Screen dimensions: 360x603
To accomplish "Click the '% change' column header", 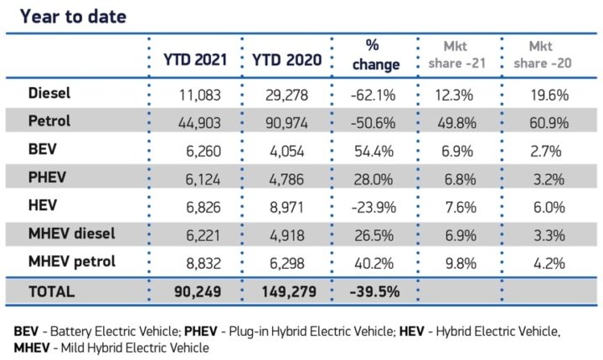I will [x=375, y=54].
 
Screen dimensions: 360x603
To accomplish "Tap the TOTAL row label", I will [x=51, y=291].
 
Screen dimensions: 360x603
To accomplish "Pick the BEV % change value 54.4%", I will [x=375, y=151].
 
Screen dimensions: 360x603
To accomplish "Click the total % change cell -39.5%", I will [x=374, y=292].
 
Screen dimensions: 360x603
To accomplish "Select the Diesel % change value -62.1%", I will [x=374, y=94].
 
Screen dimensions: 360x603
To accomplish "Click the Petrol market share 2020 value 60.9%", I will [x=549, y=122].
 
